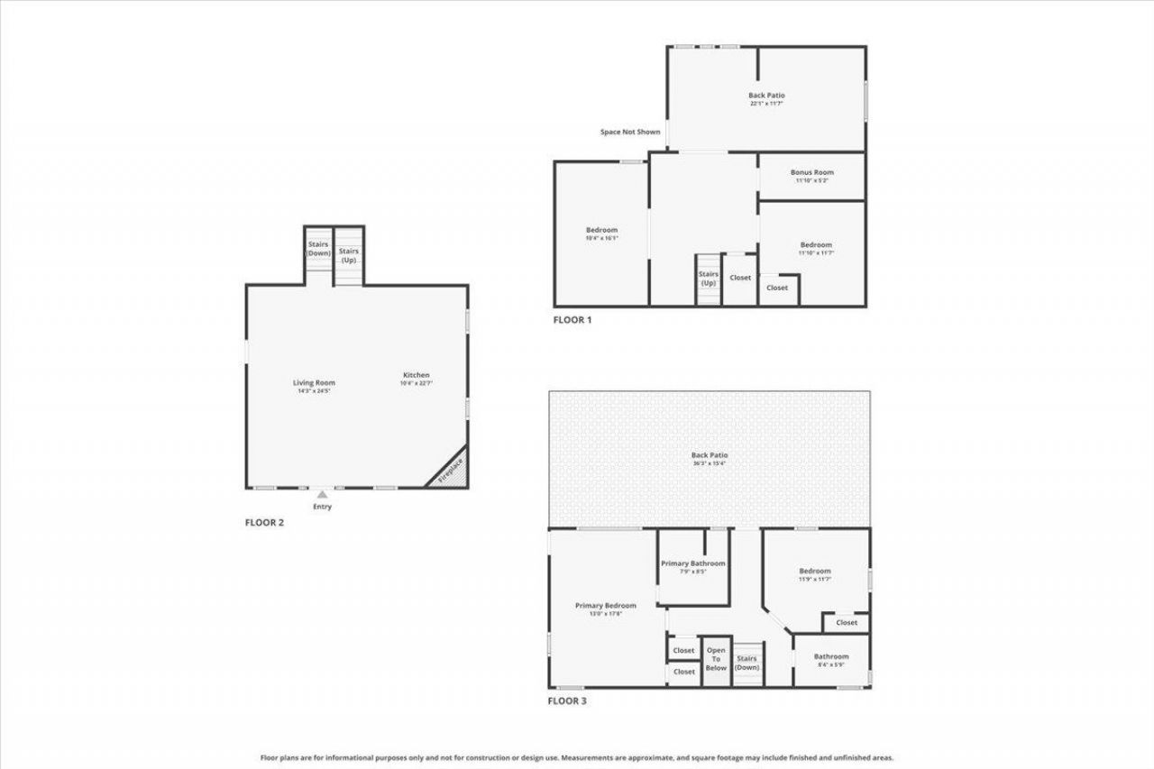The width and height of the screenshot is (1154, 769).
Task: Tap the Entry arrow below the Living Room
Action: [x=322, y=495]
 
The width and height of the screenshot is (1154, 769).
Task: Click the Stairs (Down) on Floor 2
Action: [x=318, y=249]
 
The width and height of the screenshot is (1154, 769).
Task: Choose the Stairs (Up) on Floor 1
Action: [x=709, y=279]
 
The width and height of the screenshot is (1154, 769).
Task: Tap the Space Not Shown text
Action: [x=630, y=133]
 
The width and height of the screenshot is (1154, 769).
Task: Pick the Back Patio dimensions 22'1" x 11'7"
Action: [x=766, y=104]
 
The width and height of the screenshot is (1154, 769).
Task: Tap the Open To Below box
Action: [x=716, y=659]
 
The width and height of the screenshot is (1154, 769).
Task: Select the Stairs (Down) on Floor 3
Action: [x=746, y=663]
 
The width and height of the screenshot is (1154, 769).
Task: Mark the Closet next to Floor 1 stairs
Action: [x=740, y=278]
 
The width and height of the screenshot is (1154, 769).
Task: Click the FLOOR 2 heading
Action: [x=265, y=522]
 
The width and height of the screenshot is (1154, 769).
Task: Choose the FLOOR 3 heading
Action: [x=568, y=700]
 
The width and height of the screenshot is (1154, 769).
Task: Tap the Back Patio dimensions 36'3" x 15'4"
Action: [x=709, y=463]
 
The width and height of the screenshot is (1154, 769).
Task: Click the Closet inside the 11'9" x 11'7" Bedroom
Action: [x=847, y=622]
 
